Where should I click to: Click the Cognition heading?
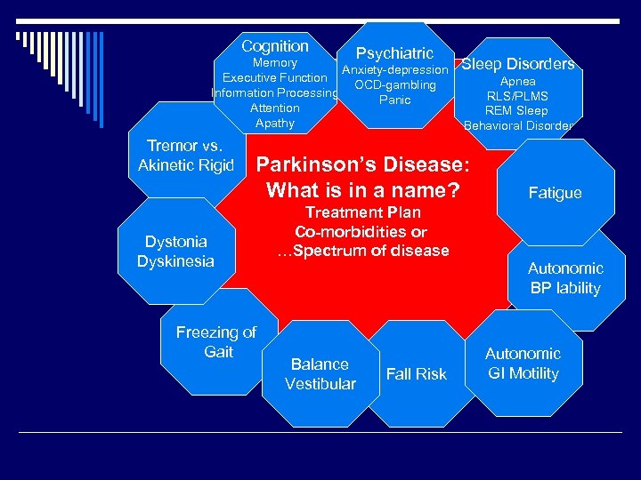[275, 46]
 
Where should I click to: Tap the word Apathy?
[274, 123]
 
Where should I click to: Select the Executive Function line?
[274, 78]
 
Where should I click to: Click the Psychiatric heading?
[394, 53]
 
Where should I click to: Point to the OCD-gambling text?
[394, 85]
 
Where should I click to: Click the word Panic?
[394, 100]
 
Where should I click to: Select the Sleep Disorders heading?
[517, 64]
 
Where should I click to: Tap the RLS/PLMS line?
[517, 96]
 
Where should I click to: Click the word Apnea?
[517, 81]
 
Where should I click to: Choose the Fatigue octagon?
[555, 193]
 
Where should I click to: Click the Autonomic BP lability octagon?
[565, 278]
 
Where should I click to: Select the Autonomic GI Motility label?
[523, 364]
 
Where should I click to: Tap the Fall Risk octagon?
[416, 374]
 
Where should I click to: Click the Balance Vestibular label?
[320, 374]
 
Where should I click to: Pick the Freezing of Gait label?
[216, 342]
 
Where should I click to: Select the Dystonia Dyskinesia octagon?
[175, 252]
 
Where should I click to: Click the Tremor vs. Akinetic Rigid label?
[185, 156]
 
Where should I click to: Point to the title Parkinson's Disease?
[361, 165]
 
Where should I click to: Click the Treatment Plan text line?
[362, 212]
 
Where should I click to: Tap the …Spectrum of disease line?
[362, 251]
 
